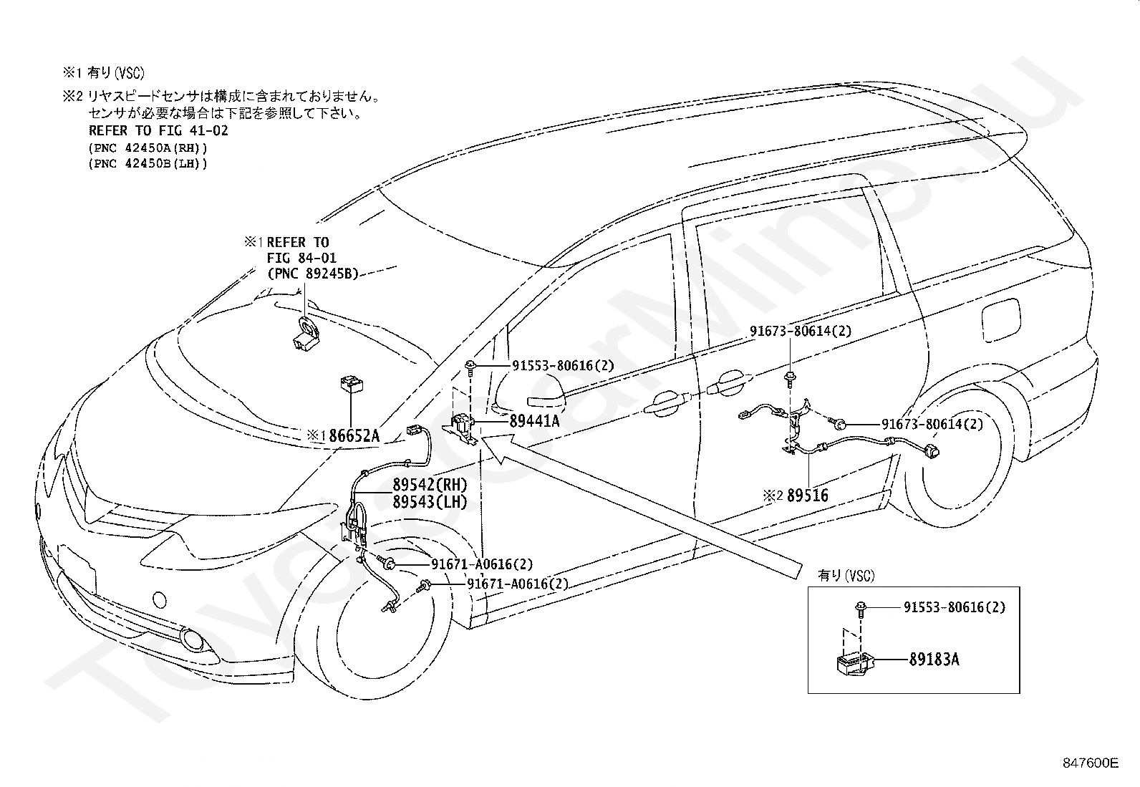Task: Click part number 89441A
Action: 534,421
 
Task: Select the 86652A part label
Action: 354,436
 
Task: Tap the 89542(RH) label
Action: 430,484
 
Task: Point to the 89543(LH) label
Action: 430,502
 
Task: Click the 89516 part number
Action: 807,496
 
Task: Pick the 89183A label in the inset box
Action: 934,660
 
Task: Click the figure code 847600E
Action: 1090,763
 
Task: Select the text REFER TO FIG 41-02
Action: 158,131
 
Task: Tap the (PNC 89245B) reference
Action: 313,274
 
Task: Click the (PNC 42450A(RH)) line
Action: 148,148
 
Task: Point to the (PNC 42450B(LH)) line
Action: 148,164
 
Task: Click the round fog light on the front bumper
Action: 193,639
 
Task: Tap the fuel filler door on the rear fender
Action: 1000,323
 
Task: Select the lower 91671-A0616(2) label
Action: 518,584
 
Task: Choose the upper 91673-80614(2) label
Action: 801,331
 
